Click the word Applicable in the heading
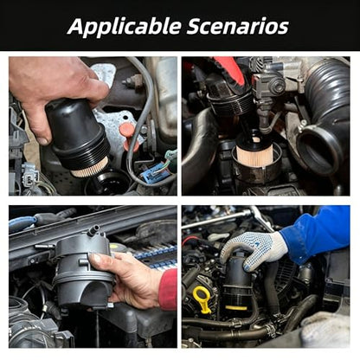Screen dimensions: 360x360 pyautogui.click(x=125, y=27)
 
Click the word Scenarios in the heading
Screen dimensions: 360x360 pyautogui.click(x=238, y=26)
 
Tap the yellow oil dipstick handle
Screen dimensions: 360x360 pyautogui.click(x=202, y=299)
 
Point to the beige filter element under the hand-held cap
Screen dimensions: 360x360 pyautogui.click(x=89, y=169)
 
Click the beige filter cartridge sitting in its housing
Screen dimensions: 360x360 pyautogui.click(x=254, y=151)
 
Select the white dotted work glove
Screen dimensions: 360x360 pyautogui.click(x=254, y=248)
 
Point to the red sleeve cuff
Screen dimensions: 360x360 pyautogui.click(x=168, y=289)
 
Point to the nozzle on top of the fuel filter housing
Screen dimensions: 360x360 pyautogui.click(x=93, y=230)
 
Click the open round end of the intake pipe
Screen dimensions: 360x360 pyautogui.click(x=319, y=149)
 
